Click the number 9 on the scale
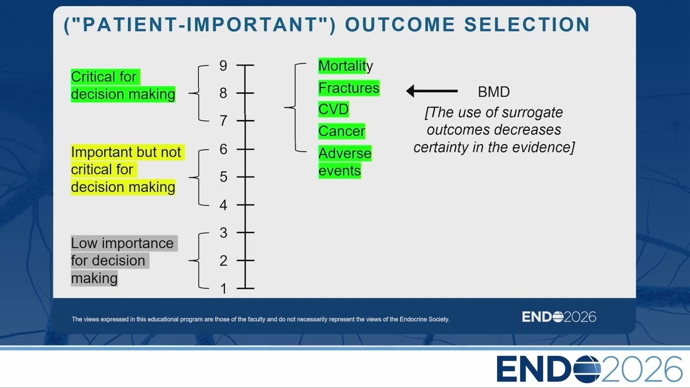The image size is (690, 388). tap(223, 66)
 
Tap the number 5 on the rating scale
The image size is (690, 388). tap(224, 177)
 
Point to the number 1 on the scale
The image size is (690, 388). tap(224, 289)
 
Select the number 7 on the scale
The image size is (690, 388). tap(224, 121)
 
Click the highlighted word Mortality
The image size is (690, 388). tap(346, 66)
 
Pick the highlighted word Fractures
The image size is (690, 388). tap(349, 88)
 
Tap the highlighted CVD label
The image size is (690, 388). tap(334, 109)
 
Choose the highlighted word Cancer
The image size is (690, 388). tap(342, 131)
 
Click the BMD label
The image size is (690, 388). tap(494, 92)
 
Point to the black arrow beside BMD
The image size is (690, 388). tap(432, 91)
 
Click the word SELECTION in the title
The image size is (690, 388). tap(527, 25)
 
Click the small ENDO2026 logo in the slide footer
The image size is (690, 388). tap(559, 317)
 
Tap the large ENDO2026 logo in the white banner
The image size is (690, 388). tap(589, 369)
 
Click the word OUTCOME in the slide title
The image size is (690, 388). tap(400, 25)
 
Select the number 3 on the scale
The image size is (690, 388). tap(224, 233)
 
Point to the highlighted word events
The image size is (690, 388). tap(340, 171)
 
